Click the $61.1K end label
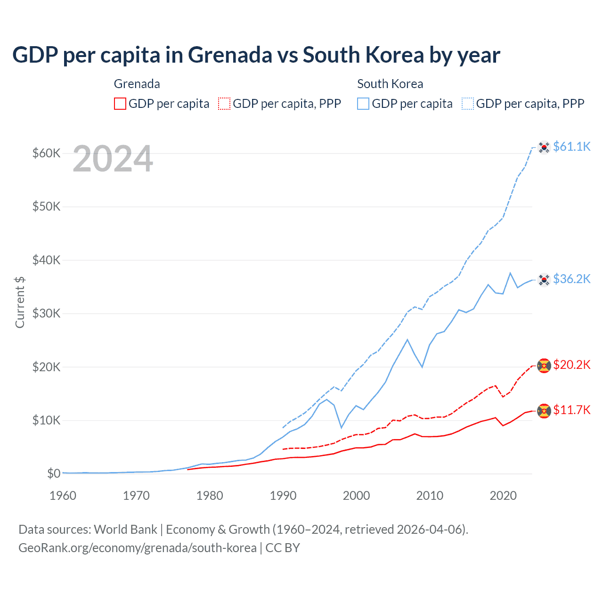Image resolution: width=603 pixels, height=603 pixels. coord(571,147)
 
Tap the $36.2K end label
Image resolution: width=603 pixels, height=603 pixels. coord(571,279)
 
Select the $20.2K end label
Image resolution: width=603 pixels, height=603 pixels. coord(571,365)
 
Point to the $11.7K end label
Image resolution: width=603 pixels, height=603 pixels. coord(571,410)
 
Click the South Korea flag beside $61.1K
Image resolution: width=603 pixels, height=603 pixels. coord(544,147)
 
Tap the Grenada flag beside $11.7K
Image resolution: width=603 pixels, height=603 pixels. coord(544,411)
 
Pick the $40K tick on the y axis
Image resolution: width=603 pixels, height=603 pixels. coord(46,260)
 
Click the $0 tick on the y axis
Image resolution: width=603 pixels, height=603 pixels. coord(54,473)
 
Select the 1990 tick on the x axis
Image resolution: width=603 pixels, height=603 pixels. coord(283,496)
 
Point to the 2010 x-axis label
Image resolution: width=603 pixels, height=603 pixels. coord(430,496)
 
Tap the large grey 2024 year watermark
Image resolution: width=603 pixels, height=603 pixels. coord(113,159)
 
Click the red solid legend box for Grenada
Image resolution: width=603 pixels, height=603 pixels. coord(120,104)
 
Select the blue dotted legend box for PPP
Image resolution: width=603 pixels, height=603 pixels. coord(468,104)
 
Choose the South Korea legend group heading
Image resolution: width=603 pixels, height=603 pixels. coord(390,84)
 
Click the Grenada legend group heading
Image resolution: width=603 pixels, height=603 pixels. coord(137,84)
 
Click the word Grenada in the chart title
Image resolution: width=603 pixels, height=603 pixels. coord(230,55)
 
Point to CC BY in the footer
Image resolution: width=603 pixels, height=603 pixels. coord(283,548)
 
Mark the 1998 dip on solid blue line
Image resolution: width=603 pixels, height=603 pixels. coord(342,428)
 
